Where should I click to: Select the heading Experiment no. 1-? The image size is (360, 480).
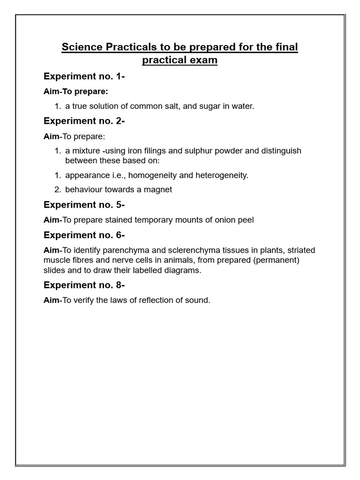pyautogui.click(x=84, y=76)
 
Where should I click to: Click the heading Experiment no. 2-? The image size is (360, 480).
pyautogui.click(x=84, y=121)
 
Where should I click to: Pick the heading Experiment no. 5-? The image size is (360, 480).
pyautogui.click(x=84, y=204)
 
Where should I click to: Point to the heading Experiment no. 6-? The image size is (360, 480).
pyautogui.click(x=84, y=235)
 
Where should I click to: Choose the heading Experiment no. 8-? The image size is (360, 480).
pyautogui.click(x=84, y=285)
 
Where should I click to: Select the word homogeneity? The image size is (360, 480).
pyautogui.click(x=150, y=175)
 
